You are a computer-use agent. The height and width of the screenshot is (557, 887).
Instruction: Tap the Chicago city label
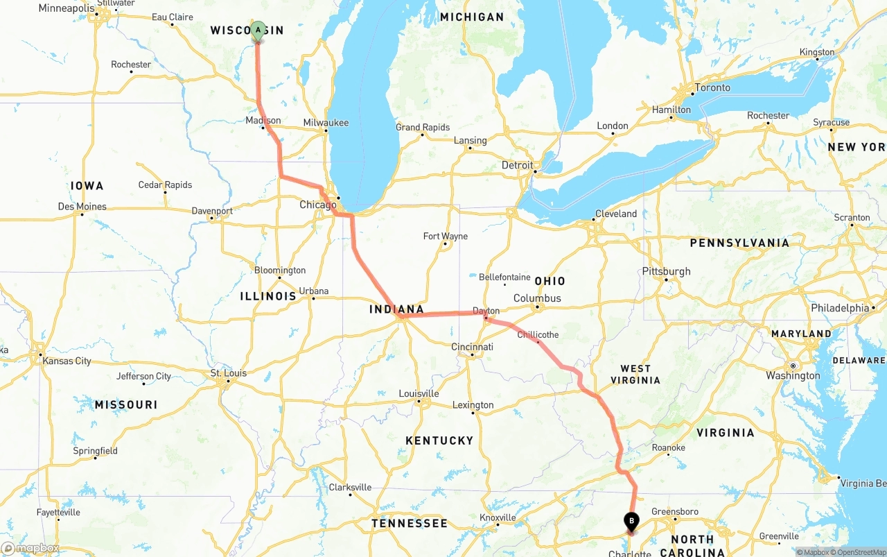click(318, 205)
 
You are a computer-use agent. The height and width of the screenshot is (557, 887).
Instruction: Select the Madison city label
click(263, 120)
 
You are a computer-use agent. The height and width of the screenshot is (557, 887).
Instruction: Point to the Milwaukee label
click(326, 123)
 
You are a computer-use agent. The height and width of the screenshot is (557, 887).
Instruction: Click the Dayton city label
click(486, 311)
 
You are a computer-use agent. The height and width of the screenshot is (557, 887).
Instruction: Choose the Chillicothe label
click(538, 335)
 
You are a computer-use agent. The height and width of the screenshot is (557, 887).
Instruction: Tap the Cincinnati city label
click(472, 347)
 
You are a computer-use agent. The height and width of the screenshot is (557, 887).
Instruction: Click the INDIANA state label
click(396, 309)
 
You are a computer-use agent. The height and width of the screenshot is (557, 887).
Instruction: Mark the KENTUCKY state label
click(439, 440)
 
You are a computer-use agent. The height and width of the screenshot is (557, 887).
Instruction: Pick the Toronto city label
click(713, 87)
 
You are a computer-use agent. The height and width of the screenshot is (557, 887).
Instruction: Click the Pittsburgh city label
click(667, 271)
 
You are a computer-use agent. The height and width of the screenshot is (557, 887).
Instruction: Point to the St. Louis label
click(229, 373)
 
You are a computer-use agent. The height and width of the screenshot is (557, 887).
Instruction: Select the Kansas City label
click(67, 361)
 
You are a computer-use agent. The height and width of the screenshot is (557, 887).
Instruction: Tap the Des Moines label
click(82, 206)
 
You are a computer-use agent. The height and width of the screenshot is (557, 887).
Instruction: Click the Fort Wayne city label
click(446, 237)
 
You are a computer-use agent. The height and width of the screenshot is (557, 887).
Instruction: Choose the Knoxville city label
click(498, 517)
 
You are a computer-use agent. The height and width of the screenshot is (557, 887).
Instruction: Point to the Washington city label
click(793, 375)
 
